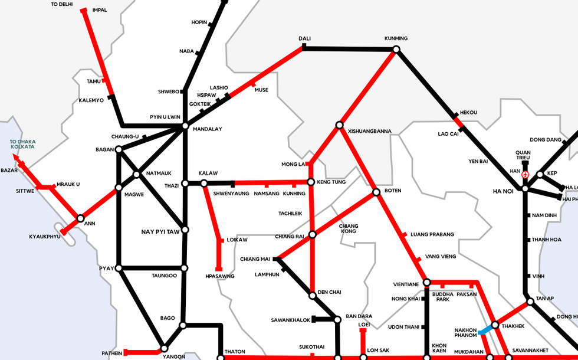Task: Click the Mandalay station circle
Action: click(x=185, y=126)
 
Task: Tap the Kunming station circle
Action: click(x=396, y=50)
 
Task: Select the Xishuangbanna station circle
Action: click(x=339, y=125)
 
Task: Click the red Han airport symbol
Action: click(x=525, y=175)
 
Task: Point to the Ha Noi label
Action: click(x=504, y=191)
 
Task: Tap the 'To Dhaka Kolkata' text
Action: click(x=22, y=144)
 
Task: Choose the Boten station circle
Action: click(x=376, y=192)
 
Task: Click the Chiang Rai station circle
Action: click(x=313, y=234)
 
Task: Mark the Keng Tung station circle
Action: click(x=311, y=182)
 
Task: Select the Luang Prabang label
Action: click(x=432, y=234)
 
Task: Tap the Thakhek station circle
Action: click(x=495, y=325)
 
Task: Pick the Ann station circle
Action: click(x=80, y=218)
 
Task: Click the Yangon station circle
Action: click(x=165, y=348)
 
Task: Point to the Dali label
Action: click(x=304, y=39)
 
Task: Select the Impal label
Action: click(x=100, y=10)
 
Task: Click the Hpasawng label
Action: click(x=220, y=276)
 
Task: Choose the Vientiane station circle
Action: click(x=425, y=283)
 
